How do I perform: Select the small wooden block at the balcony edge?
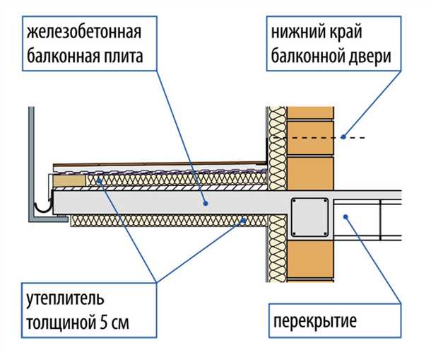point(69,182)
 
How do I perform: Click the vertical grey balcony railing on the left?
point(31,163)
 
